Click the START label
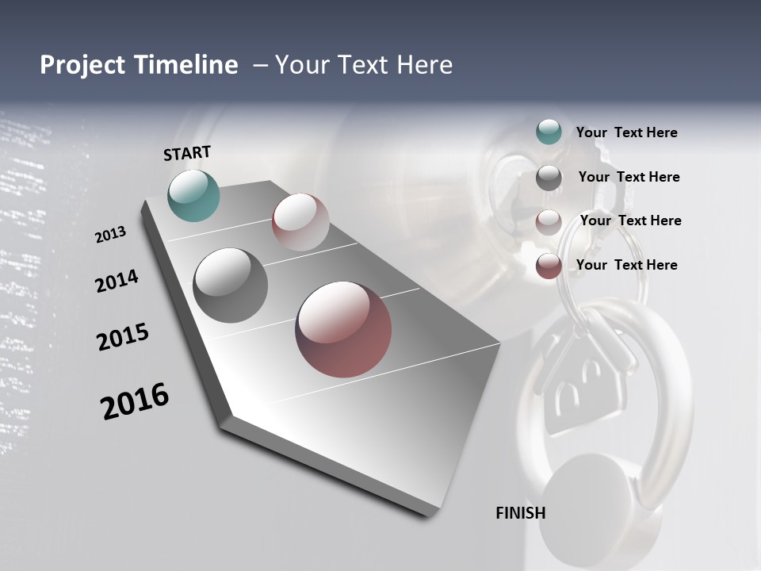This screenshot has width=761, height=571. (x=187, y=153)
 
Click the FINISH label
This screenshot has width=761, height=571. (x=521, y=513)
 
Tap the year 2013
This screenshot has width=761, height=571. (x=110, y=235)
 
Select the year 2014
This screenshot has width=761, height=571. (x=117, y=281)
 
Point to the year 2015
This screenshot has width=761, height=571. (x=123, y=337)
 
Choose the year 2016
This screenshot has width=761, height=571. (x=135, y=401)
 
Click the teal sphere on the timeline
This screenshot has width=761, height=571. (x=194, y=195)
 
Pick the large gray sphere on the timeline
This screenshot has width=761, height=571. (x=231, y=285)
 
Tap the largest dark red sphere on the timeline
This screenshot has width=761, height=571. (x=343, y=328)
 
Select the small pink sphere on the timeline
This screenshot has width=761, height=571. (x=300, y=222)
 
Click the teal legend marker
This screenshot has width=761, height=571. (x=549, y=132)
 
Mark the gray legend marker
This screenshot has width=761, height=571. (x=549, y=178)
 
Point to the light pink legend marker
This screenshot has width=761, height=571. (x=549, y=222)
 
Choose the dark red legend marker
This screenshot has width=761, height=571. (x=549, y=266)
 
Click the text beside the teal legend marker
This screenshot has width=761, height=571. (x=626, y=133)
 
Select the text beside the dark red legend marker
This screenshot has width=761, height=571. (x=626, y=265)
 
